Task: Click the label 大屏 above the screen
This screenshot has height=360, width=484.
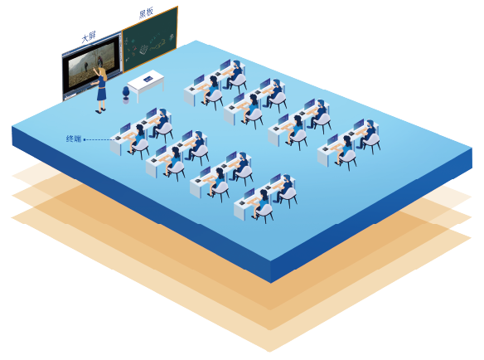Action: pyautogui.click(x=89, y=37)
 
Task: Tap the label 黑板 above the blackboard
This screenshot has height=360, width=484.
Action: pyautogui.click(x=146, y=12)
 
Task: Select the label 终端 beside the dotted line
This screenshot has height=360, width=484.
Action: pyautogui.click(x=74, y=139)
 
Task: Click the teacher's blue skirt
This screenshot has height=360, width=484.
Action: pyautogui.click(x=101, y=94)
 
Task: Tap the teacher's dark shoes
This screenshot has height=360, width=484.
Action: pyautogui.click(x=100, y=110)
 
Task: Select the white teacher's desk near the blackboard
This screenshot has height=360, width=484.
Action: pyautogui.click(x=146, y=84)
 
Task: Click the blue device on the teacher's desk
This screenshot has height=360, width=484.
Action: pyautogui.click(x=148, y=79)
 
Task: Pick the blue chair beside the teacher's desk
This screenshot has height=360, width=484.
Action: pyautogui.click(x=126, y=95)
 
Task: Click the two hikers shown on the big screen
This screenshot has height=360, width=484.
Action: pyautogui.click(x=93, y=63)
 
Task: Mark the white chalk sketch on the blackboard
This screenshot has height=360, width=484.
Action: pyautogui.click(x=144, y=50)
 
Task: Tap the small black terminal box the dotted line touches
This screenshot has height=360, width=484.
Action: pyautogui.click(x=118, y=138)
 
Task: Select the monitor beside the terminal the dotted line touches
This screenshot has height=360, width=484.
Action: pyautogui.click(x=125, y=129)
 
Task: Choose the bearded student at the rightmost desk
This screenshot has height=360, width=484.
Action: pyautogui.click(x=368, y=134)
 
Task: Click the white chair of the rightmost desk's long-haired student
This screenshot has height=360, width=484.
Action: pyautogui.click(x=347, y=158)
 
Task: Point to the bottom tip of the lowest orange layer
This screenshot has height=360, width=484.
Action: pyautogui.click(x=269, y=352)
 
